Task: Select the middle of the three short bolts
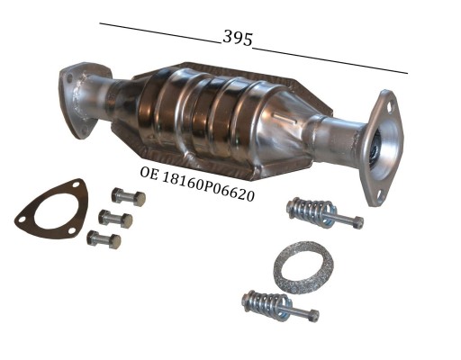tap(115, 218)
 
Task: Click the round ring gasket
tap(303, 265)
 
